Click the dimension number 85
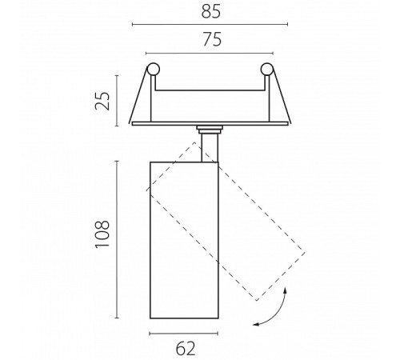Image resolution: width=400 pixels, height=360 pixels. [211, 12]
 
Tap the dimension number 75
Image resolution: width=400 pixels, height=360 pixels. [212, 39]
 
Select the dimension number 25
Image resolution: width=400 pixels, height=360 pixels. [102, 101]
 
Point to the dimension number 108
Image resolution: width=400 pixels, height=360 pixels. [102, 234]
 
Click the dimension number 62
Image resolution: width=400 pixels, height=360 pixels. [186, 349]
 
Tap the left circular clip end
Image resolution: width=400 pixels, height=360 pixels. [154, 69]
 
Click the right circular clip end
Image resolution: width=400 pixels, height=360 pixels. [266, 69]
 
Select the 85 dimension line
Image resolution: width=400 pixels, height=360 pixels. [210, 25]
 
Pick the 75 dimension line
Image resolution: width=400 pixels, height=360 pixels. [210, 54]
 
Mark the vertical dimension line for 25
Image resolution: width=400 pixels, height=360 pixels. [117, 101]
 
